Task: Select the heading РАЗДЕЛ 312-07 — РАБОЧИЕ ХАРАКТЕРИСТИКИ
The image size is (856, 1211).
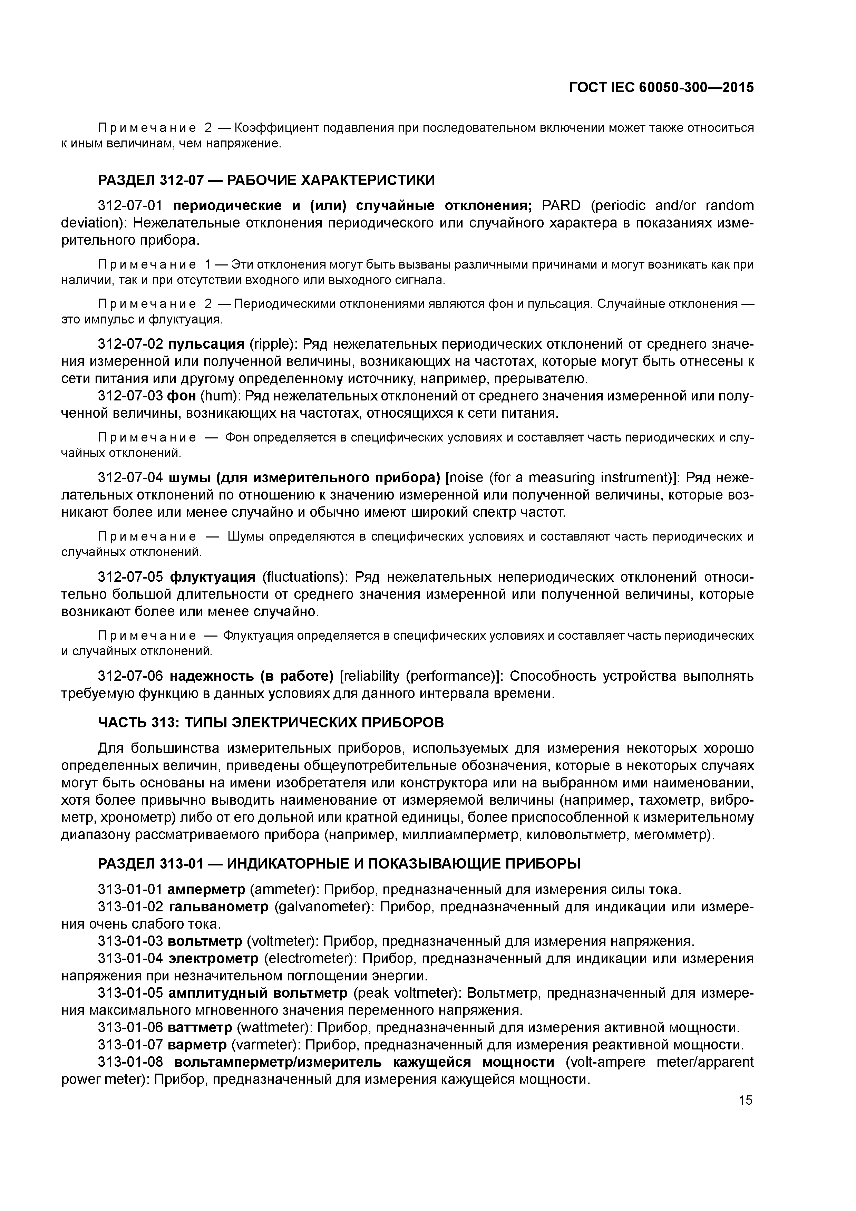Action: click(x=266, y=181)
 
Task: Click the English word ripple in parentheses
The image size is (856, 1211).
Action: click(x=271, y=345)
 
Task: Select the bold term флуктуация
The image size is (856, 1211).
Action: click(x=212, y=577)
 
